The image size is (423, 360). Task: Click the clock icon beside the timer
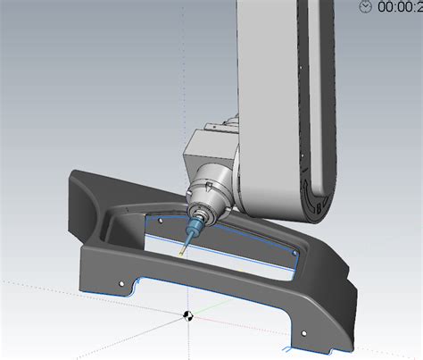(366, 6)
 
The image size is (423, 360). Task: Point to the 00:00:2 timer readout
(400, 6)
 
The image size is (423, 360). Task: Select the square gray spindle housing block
(207, 153)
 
